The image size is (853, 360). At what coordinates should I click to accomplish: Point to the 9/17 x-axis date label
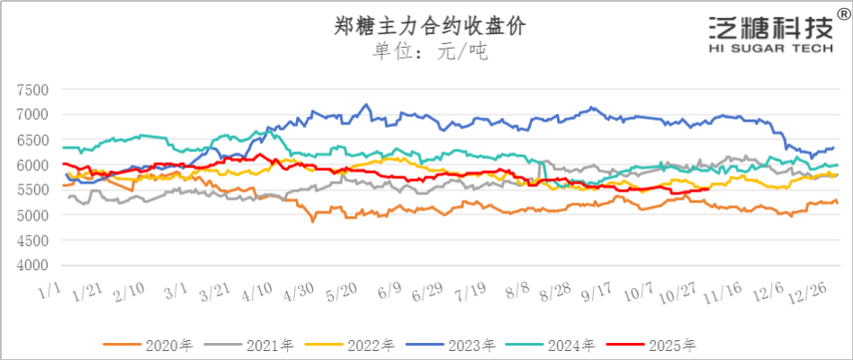tap(597, 294)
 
